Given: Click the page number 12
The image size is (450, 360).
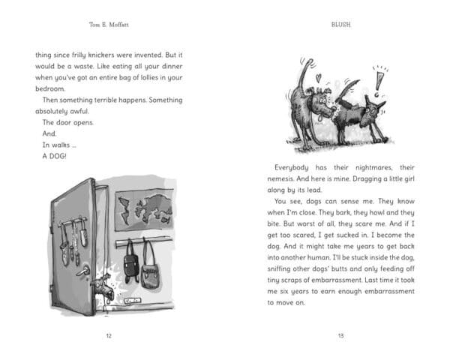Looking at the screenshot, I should point(109,335).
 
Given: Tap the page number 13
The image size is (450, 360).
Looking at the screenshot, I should point(340,335).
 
